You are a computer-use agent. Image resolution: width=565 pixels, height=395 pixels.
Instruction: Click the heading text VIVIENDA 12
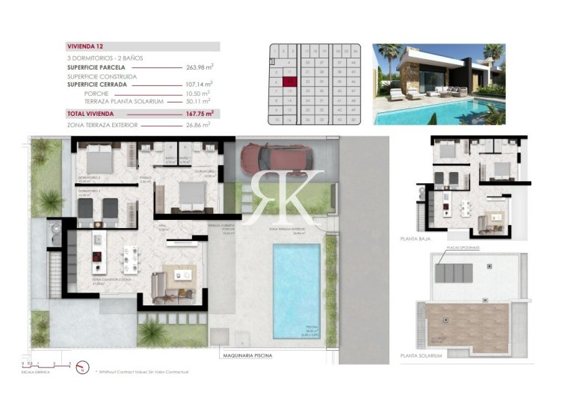pos(84,46)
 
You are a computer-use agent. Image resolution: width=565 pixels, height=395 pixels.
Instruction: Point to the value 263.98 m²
pos(199,67)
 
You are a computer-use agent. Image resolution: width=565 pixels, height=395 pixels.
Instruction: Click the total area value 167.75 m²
pos(199,113)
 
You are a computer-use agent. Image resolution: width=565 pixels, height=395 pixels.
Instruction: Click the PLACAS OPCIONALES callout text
pos(463,248)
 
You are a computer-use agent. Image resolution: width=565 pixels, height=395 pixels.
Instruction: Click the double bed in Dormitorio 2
pos(99,159)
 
